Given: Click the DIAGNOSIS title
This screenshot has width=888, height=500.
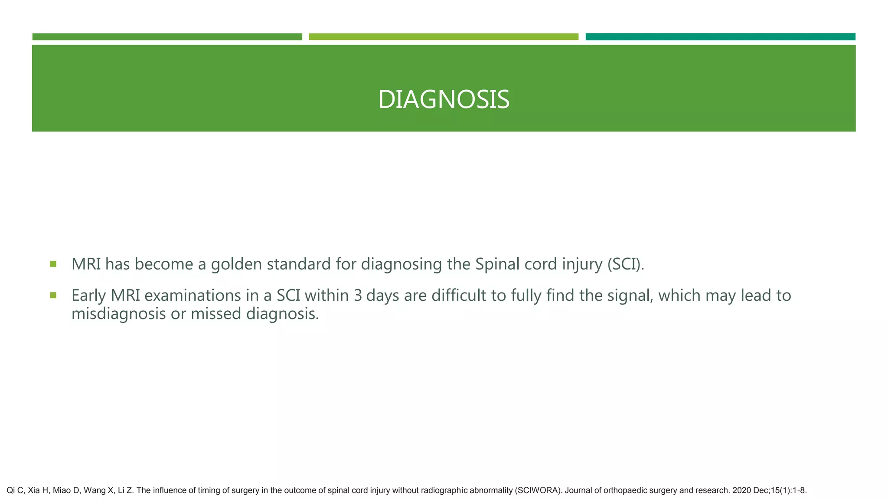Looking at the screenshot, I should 444,100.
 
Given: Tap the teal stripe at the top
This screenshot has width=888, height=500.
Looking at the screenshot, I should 720,37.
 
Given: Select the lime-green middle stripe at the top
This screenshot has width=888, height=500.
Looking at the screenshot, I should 443,37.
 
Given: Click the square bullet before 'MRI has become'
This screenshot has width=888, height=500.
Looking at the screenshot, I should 53,263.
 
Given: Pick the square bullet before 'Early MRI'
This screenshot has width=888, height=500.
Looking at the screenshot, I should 53,295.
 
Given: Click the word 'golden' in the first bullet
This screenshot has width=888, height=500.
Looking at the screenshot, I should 236,264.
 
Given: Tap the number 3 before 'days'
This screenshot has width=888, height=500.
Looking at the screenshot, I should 358,296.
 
